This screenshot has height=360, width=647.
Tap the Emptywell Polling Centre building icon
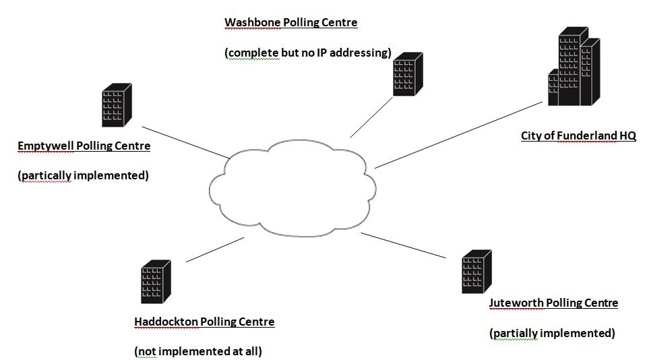point(117,105)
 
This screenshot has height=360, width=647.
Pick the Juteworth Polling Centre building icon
point(476,271)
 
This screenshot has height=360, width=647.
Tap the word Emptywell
point(46,146)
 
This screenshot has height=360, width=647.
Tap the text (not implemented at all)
point(198,351)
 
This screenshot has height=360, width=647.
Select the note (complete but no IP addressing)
point(307,53)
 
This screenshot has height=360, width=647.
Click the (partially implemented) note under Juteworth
point(552,333)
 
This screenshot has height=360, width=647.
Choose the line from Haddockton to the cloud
point(215,249)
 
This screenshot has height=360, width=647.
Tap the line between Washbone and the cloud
point(371,117)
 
